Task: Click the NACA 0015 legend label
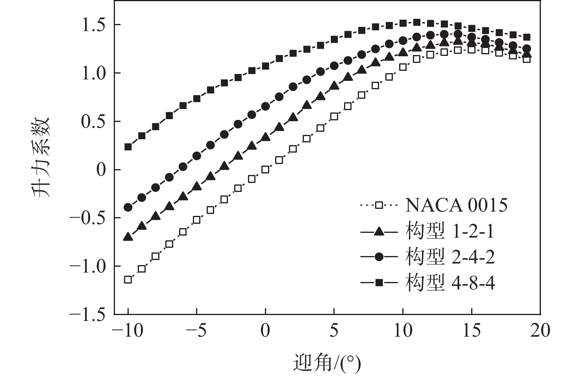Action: point(456,205)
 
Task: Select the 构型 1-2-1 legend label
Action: point(450,232)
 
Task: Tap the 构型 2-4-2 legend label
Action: point(450,257)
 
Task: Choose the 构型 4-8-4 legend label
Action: point(450,282)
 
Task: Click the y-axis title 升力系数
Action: point(41,157)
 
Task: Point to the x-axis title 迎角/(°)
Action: point(327,363)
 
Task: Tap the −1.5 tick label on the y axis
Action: point(87,315)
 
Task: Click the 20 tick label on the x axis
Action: point(540,331)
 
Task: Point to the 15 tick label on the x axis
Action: point(471,331)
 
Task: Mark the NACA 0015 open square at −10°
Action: point(128,280)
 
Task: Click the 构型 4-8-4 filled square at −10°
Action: point(128,147)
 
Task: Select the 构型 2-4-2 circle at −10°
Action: point(128,207)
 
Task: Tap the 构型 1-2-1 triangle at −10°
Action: point(128,237)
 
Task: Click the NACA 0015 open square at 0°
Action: point(265,170)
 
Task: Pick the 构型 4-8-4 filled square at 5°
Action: point(334,39)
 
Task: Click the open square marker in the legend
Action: point(379,205)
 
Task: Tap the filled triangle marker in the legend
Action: point(379,232)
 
